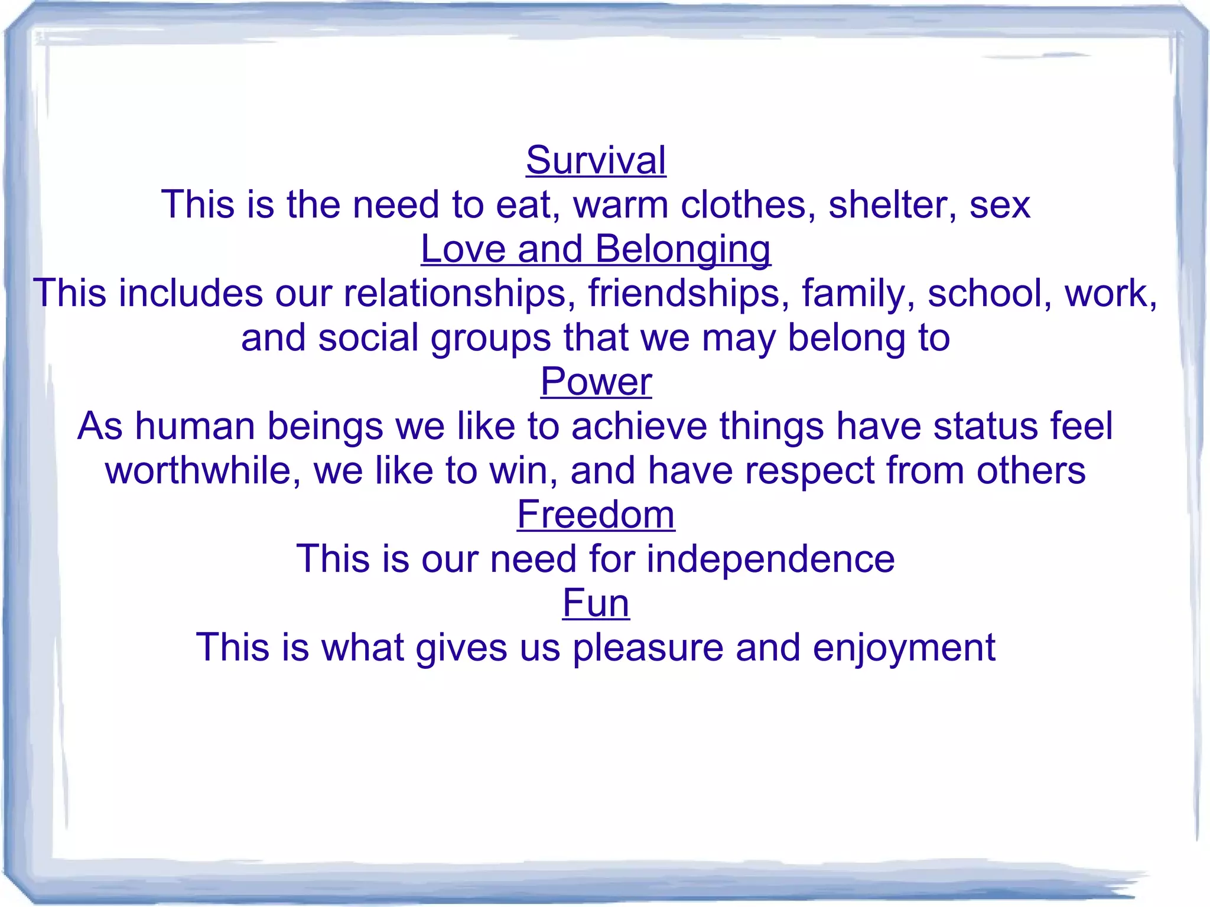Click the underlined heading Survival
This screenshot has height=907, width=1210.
pos(596,160)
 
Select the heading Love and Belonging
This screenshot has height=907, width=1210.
pos(596,249)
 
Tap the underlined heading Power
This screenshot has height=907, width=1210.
pos(596,382)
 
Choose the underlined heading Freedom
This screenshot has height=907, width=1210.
pos(596,515)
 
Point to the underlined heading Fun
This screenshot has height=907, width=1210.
pos(596,603)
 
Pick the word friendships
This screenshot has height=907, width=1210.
pos(688,293)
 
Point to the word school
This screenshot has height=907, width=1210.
pos(989,293)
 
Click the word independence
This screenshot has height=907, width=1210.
pos(770,559)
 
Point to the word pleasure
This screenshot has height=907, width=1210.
pos(648,648)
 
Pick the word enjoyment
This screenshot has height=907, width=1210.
pos(904,648)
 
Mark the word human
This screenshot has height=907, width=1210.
pos(194,426)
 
